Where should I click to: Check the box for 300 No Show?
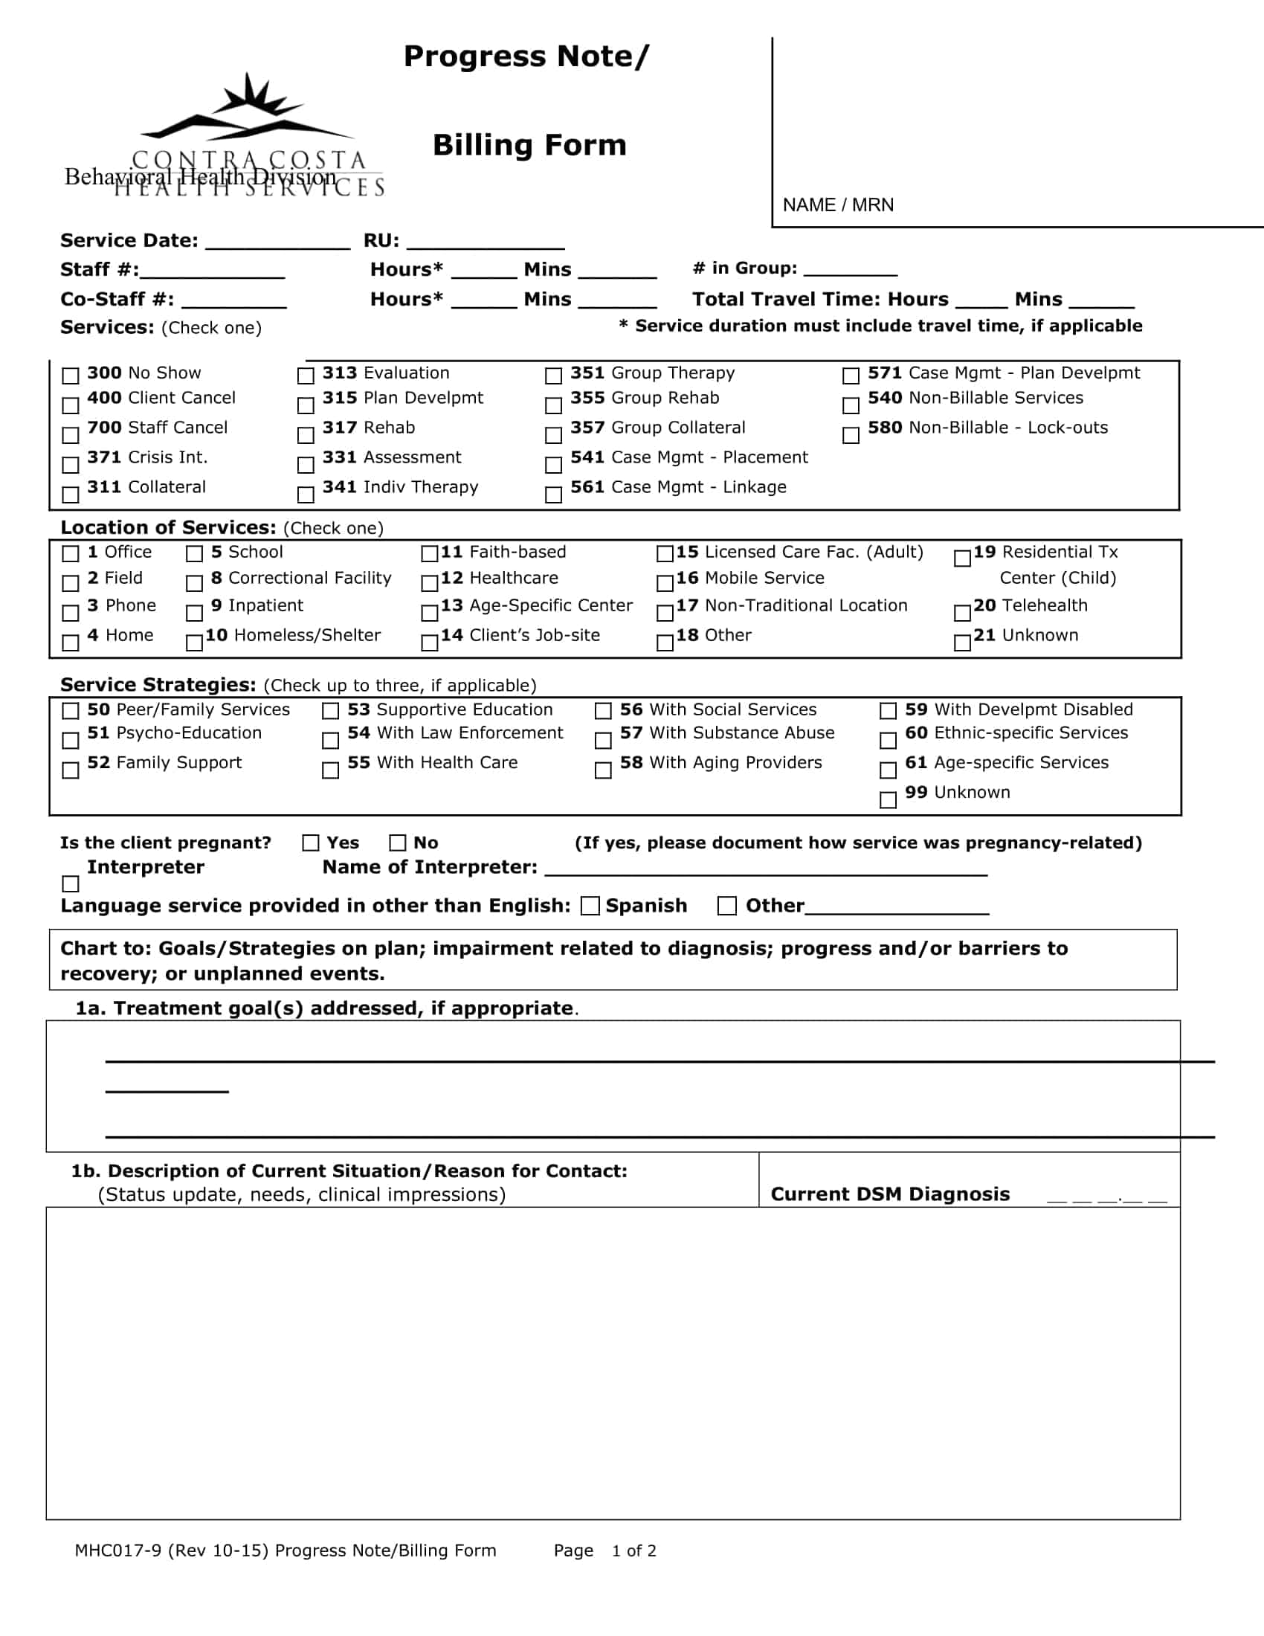tap(71, 376)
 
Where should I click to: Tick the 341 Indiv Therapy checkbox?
tap(306, 495)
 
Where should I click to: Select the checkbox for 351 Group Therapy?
tap(553, 376)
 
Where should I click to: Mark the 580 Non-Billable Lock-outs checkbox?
tap(851, 435)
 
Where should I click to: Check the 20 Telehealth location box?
tap(962, 613)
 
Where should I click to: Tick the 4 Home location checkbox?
tap(71, 643)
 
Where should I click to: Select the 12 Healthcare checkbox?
tap(429, 583)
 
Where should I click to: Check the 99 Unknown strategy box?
tap(888, 800)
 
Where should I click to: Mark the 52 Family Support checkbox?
tap(71, 770)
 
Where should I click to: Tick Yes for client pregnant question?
tap(311, 843)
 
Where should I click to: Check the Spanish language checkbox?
tap(591, 906)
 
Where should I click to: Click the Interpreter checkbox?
tap(71, 884)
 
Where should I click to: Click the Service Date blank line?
tap(277, 243)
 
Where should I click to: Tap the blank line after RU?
tap(486, 243)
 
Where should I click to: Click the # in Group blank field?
tap(850, 271)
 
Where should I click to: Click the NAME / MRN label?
tap(838, 205)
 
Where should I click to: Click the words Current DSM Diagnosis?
tap(889, 1194)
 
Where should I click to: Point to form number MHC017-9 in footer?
tap(117, 1550)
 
